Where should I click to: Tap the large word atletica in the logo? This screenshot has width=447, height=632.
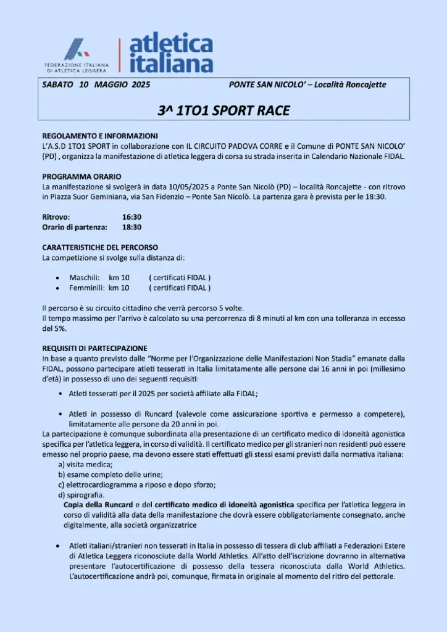click(171, 45)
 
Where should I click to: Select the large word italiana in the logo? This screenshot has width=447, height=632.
click(171, 63)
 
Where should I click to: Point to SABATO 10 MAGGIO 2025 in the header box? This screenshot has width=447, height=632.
click(96, 85)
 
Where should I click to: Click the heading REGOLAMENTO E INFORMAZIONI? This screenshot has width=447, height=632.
click(100, 136)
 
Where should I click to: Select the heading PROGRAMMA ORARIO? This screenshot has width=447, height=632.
click(81, 177)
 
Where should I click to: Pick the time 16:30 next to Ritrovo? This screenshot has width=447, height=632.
click(132, 217)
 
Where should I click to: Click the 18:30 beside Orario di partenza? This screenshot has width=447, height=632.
click(132, 227)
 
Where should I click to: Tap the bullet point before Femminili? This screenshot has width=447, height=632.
click(57, 288)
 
